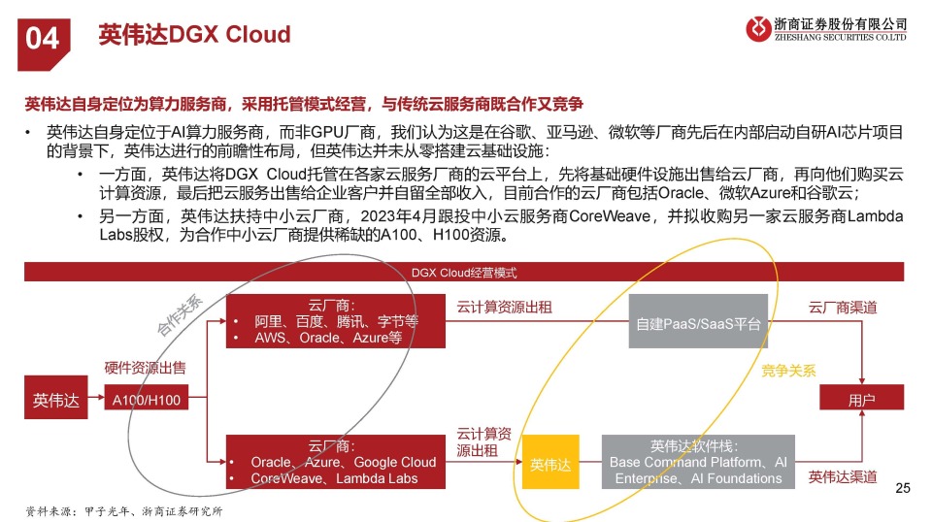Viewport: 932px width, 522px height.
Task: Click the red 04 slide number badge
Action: (44, 45)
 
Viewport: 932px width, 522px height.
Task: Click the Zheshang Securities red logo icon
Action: (758, 28)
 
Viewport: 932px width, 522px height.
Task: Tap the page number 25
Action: (902, 488)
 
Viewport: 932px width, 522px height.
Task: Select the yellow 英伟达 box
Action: (550, 462)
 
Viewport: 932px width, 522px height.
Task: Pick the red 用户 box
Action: (861, 397)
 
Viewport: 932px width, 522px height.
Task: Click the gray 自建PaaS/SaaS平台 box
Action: (698, 321)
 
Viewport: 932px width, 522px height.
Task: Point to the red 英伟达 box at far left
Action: (56, 397)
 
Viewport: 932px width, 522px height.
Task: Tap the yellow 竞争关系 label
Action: (788, 372)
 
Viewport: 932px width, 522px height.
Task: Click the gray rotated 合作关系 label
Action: (181, 314)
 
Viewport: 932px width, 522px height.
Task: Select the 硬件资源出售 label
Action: (145, 368)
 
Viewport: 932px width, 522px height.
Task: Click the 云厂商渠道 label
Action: (843, 308)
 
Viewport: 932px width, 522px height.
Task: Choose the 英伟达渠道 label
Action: (843, 476)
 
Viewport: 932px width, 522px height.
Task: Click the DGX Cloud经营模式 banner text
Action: (464, 273)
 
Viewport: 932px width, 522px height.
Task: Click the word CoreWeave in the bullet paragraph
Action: (610, 216)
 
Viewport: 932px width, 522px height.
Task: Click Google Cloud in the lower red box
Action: (395, 462)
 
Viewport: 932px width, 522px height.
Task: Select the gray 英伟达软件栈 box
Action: (698, 462)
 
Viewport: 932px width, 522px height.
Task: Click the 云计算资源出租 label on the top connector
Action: (504, 308)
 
